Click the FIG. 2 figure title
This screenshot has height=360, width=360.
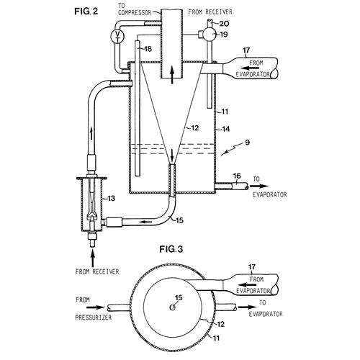(x=86, y=12)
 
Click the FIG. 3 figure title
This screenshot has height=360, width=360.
(x=171, y=249)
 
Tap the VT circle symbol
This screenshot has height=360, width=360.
(x=117, y=36)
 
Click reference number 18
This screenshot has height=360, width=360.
(x=148, y=49)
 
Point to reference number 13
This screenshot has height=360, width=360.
(x=112, y=199)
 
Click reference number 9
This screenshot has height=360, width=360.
(x=248, y=143)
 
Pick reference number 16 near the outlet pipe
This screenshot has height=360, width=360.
(x=237, y=176)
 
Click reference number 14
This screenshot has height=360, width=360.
(x=225, y=129)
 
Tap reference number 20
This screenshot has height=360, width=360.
(x=225, y=24)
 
